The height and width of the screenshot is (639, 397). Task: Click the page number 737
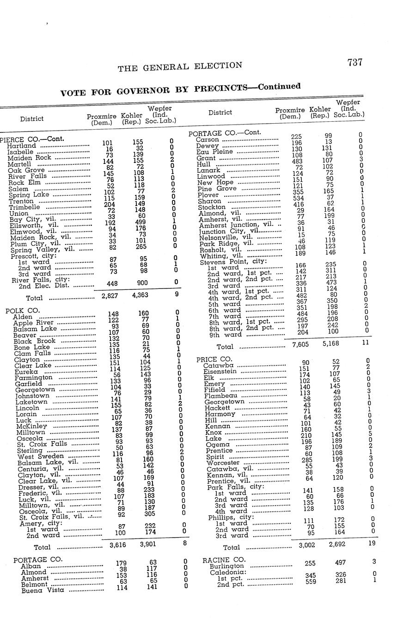(354, 63)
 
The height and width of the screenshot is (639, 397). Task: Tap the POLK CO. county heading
(23, 310)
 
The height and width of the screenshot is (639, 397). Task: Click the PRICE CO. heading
(214, 359)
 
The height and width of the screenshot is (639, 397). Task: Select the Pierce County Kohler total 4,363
(140, 295)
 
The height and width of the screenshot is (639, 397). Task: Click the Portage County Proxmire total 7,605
(301, 344)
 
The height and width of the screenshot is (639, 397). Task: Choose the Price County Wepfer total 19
(372, 543)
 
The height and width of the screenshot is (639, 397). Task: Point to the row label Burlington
(226, 566)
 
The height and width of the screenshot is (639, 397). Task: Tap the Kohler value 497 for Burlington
(340, 563)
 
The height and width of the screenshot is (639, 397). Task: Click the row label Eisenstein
(220, 371)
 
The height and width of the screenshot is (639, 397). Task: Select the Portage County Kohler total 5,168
(332, 344)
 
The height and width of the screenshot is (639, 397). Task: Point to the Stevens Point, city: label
(233, 262)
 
